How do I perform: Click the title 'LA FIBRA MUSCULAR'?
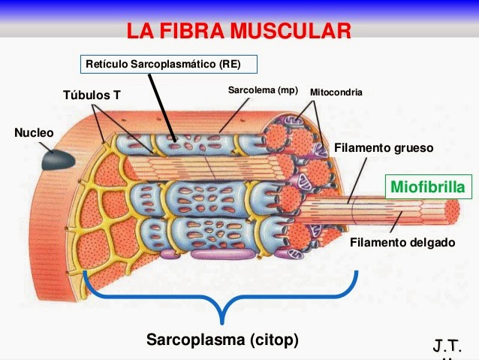tap(239, 31)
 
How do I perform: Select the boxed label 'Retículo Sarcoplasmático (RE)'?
tap(169, 65)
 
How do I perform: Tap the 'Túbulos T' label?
tap(92, 95)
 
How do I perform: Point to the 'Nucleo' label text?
tap(35, 133)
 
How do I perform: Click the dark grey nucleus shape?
tap(57, 159)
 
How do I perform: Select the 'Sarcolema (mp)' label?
tap(263, 91)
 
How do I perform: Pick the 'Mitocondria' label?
tap(336, 92)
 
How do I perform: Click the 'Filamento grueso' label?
tap(384, 148)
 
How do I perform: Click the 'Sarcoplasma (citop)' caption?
tap(222, 340)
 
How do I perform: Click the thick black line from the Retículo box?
tap(164, 105)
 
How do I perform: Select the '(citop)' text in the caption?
tap(273, 340)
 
